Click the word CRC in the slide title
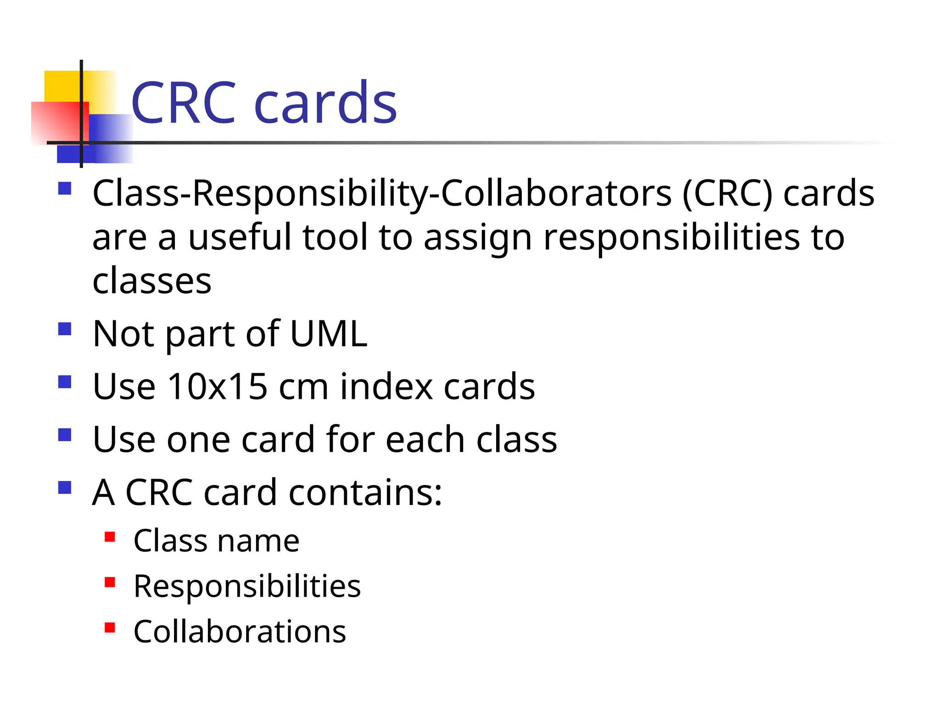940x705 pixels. click(x=184, y=103)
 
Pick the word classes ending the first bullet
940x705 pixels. click(x=151, y=281)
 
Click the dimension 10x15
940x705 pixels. click(x=218, y=386)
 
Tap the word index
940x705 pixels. click(x=386, y=386)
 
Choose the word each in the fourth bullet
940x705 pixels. click(x=425, y=439)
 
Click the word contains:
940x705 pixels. click(x=365, y=492)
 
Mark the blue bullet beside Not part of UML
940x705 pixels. click(x=65, y=329)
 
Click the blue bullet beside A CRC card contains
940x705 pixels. click(x=65, y=487)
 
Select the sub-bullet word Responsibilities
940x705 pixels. click(x=247, y=587)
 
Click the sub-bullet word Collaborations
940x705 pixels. click(x=240, y=632)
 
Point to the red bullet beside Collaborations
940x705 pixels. click(x=110, y=627)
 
